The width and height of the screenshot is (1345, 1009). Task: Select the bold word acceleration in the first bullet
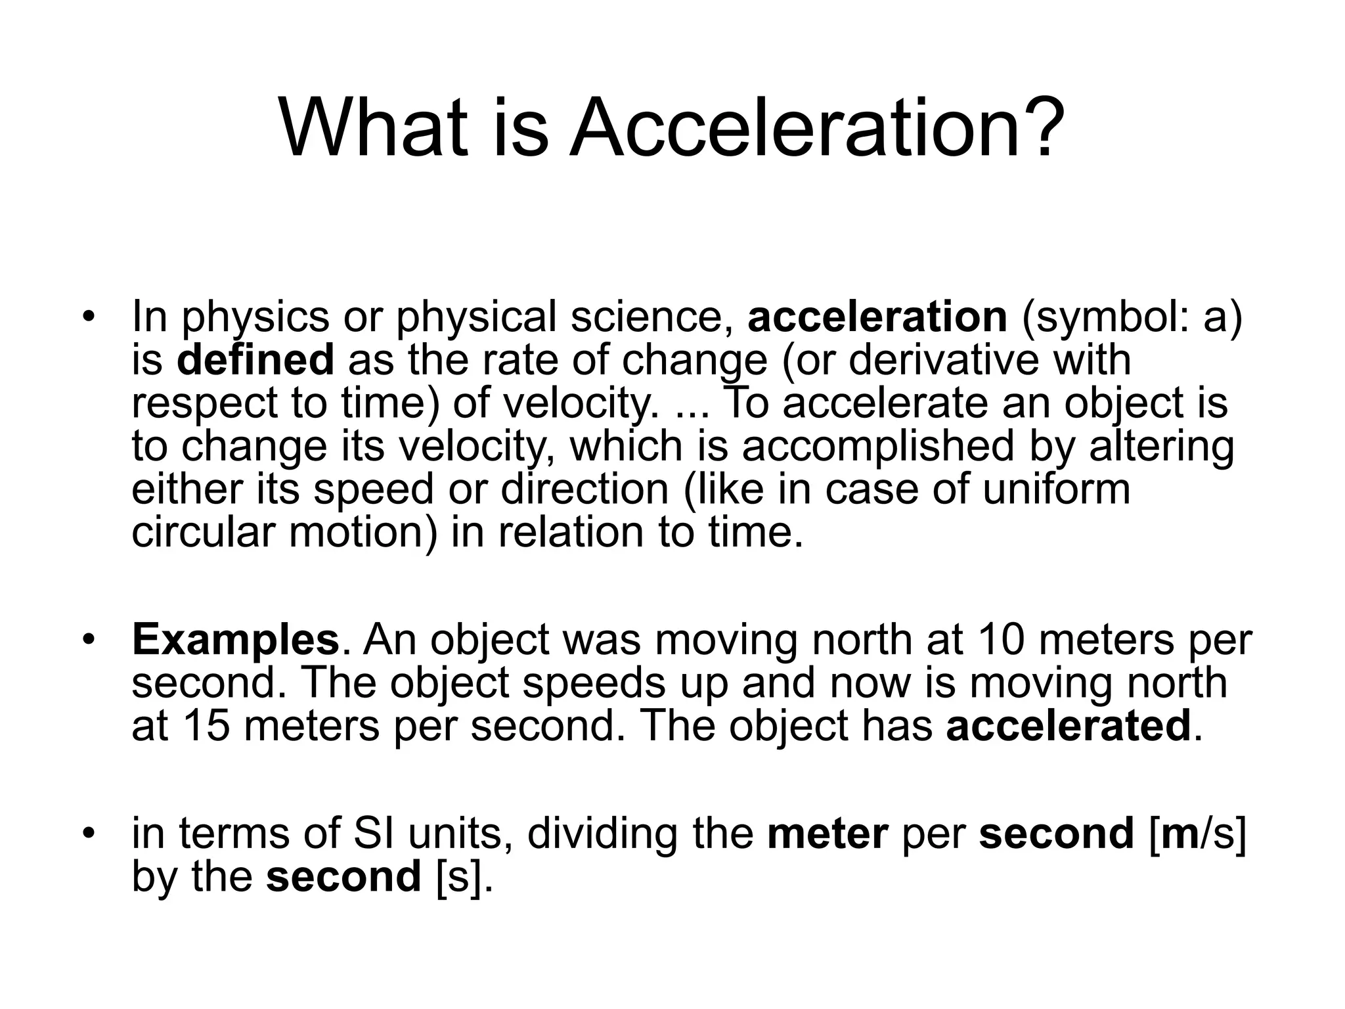(877, 316)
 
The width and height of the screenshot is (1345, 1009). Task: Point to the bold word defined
(255, 360)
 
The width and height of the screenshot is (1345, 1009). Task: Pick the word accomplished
(878, 446)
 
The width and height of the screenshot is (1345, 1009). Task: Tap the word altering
(1160, 446)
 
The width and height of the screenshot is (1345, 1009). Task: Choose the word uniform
(1056, 489)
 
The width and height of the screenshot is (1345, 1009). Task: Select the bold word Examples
(235, 640)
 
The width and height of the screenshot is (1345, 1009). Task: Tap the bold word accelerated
(1069, 725)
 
